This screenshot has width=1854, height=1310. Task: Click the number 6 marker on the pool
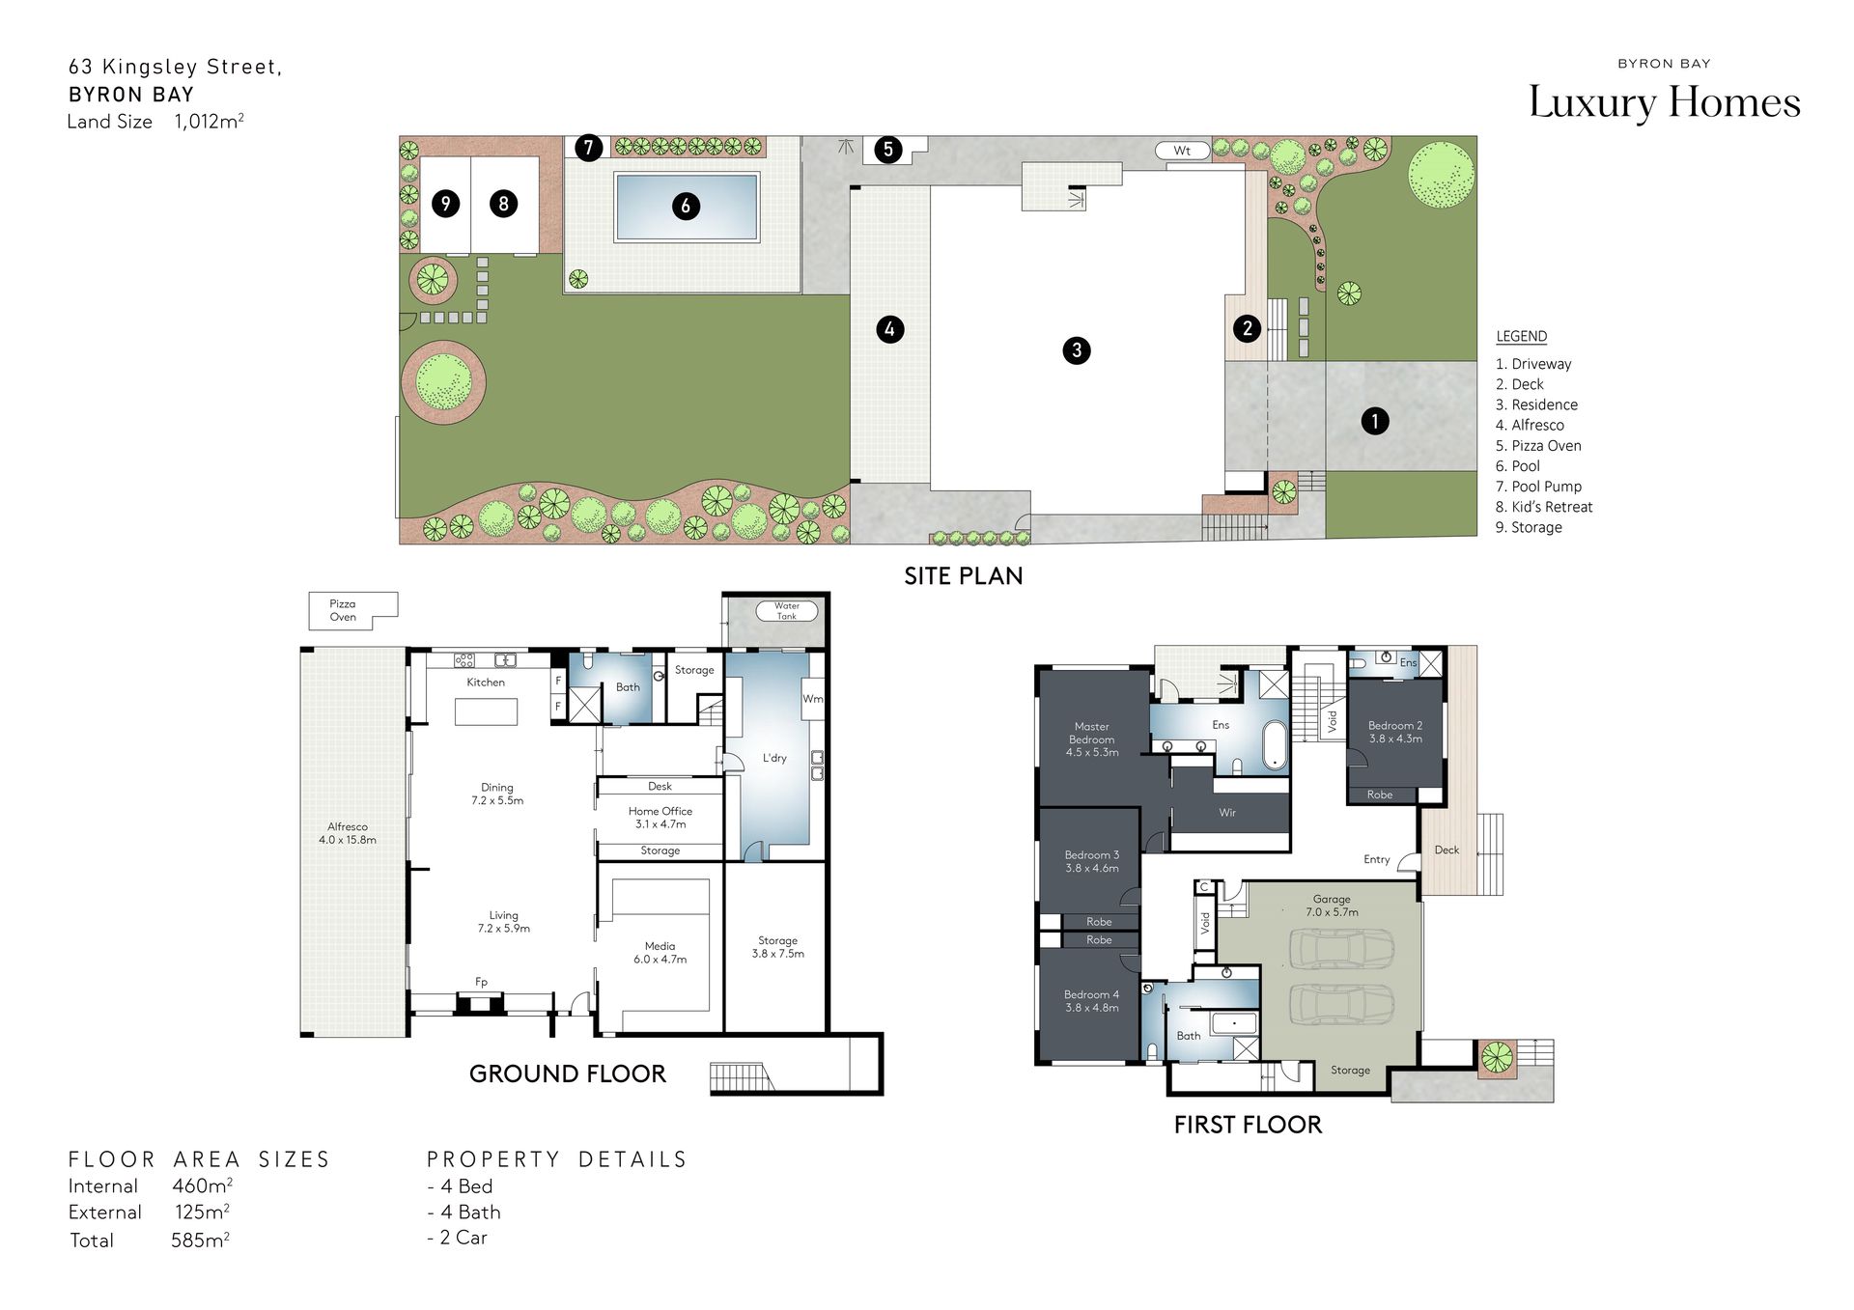pyautogui.click(x=686, y=206)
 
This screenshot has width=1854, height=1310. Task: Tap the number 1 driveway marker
pyautogui.click(x=1375, y=421)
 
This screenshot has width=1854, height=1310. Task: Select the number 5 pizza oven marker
pyautogui.click(x=888, y=150)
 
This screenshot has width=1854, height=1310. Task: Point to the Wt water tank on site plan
pyautogui.click(x=1182, y=151)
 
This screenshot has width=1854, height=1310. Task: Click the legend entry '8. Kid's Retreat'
pyautogui.click(x=1544, y=507)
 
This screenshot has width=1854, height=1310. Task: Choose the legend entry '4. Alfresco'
pyautogui.click(x=1530, y=425)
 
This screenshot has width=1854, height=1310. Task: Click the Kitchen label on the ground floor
pyautogui.click(x=486, y=683)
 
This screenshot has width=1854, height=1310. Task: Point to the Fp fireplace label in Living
pyautogui.click(x=481, y=982)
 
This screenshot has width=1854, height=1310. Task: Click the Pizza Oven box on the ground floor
pyautogui.click(x=352, y=610)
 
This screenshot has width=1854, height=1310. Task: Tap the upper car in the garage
pyautogui.click(x=1342, y=949)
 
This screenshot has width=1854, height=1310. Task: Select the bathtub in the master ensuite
pyautogui.click(x=1275, y=745)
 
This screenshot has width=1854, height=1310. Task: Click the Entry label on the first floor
pyautogui.click(x=1377, y=859)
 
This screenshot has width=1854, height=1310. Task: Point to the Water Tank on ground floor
pyautogui.click(x=787, y=611)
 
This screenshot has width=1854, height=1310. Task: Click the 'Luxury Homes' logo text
pyautogui.click(x=1665, y=102)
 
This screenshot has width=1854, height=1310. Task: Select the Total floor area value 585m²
pyautogui.click(x=201, y=1240)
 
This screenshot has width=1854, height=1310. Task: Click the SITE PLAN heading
pyautogui.click(x=963, y=576)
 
